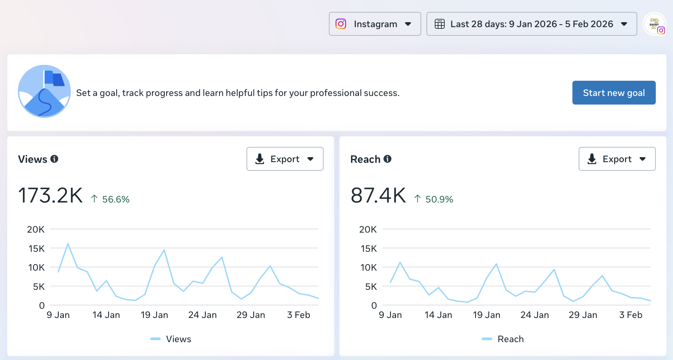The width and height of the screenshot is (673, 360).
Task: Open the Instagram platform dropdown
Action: (x=375, y=24)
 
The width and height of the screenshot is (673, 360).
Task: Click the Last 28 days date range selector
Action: (x=531, y=24)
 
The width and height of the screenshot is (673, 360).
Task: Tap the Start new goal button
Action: (x=614, y=93)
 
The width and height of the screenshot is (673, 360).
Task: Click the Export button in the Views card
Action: (x=285, y=159)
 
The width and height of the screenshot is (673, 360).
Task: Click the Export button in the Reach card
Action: (x=617, y=159)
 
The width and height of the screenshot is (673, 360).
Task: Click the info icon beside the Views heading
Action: (x=54, y=159)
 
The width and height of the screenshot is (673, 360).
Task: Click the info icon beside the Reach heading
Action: (x=387, y=159)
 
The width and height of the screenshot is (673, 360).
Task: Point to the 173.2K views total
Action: (x=50, y=195)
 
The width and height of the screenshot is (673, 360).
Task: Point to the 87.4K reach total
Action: (x=378, y=195)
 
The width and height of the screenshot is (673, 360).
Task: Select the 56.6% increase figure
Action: (x=115, y=199)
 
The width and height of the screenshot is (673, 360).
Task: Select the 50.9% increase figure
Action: (x=439, y=199)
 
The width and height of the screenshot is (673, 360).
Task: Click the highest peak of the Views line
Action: (x=68, y=244)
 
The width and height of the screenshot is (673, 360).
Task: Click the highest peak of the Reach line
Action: (x=400, y=262)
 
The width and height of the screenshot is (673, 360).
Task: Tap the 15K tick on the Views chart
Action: (x=36, y=248)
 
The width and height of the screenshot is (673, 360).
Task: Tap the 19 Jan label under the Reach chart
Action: (x=486, y=315)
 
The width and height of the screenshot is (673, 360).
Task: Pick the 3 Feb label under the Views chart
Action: (x=298, y=315)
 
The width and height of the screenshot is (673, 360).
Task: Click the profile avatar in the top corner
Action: (x=654, y=24)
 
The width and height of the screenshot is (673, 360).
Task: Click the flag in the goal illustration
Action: (x=54, y=78)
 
